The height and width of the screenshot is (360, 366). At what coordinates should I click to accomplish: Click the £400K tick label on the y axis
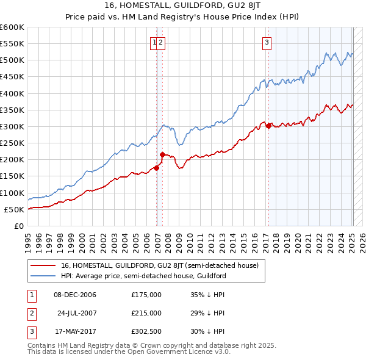pyautogui.click(x=12, y=93)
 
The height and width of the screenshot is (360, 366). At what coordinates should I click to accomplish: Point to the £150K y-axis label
pyautogui.click(x=12, y=176)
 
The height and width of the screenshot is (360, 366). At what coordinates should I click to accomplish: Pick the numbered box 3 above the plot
pyautogui.click(x=267, y=42)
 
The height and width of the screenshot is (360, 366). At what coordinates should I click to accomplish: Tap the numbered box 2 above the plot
pyautogui.click(x=162, y=42)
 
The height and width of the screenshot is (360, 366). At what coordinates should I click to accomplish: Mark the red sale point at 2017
pyautogui.click(x=268, y=126)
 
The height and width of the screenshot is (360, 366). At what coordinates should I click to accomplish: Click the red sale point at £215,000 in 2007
pyautogui.click(x=163, y=154)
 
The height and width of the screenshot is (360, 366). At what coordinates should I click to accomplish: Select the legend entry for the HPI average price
pyautogui.click(x=143, y=276)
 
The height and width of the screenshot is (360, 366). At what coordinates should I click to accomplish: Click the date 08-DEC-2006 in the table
pyautogui.click(x=74, y=295)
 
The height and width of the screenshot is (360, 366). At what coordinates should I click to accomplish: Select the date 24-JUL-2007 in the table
pyautogui.click(x=76, y=313)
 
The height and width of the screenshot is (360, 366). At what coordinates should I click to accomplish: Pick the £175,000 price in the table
pyautogui.click(x=146, y=295)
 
